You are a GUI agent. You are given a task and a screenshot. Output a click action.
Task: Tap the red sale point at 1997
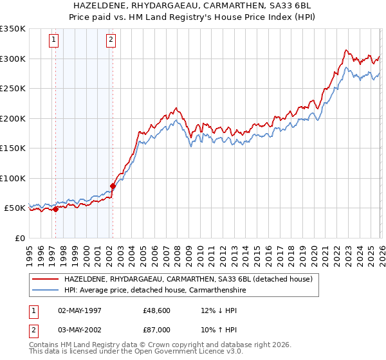(55, 209)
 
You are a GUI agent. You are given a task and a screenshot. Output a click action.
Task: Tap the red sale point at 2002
(113, 186)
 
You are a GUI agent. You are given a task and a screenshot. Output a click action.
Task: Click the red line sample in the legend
(46, 279)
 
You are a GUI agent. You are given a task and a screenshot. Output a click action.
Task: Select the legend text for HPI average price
(153, 290)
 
